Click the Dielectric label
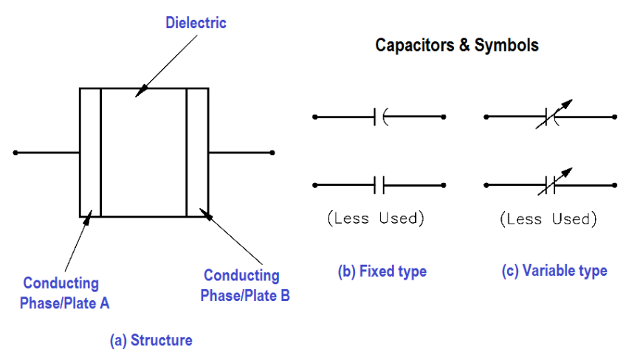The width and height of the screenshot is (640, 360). click(196, 23)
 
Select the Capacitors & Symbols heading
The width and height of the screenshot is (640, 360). click(456, 45)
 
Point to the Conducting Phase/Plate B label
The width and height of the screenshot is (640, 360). click(247, 285)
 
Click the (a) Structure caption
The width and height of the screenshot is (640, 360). click(151, 340)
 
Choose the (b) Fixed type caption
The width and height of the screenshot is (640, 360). click(382, 271)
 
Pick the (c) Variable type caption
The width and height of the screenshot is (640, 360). click(554, 271)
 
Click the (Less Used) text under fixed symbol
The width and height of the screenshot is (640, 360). click(376, 218)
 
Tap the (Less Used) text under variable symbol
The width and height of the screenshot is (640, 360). click(548, 219)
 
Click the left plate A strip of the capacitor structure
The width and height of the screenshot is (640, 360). click(90, 153)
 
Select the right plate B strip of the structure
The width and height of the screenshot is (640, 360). click(197, 153)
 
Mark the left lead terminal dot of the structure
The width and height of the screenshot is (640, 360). click(16, 153)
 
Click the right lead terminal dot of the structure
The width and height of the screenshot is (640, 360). click(272, 153)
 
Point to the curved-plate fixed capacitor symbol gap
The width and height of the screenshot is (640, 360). click(381, 117)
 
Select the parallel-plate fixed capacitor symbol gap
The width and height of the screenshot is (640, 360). click(380, 184)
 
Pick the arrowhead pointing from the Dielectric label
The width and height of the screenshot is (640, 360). click(140, 91)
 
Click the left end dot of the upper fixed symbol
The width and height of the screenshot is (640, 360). click(315, 117)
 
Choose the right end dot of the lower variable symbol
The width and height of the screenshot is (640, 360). click(614, 184)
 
